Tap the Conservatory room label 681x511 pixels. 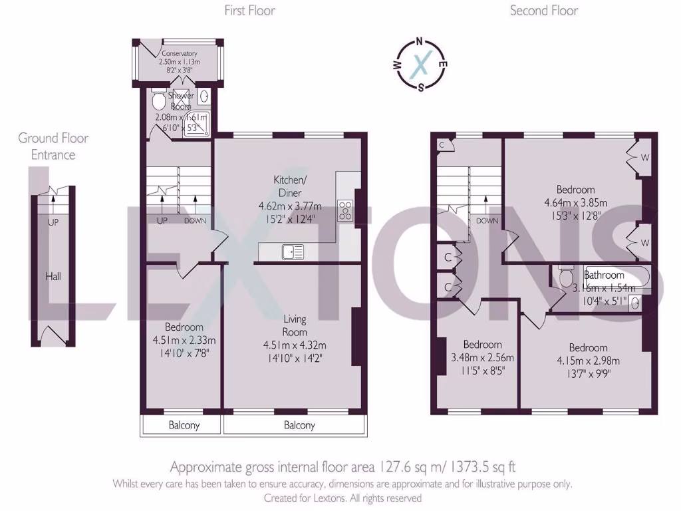[x=178, y=54]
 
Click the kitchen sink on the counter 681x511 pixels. [x=293, y=252]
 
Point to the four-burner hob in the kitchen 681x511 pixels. [x=346, y=210]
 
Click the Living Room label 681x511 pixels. [x=295, y=326]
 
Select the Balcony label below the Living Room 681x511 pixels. [x=299, y=426]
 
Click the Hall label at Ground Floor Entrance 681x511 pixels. [x=53, y=275]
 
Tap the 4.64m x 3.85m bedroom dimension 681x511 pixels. [x=576, y=203]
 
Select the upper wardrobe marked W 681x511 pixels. [x=644, y=158]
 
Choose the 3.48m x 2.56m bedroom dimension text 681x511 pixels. [x=482, y=357]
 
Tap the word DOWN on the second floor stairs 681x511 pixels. [x=487, y=221]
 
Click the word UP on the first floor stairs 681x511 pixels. [x=162, y=221]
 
